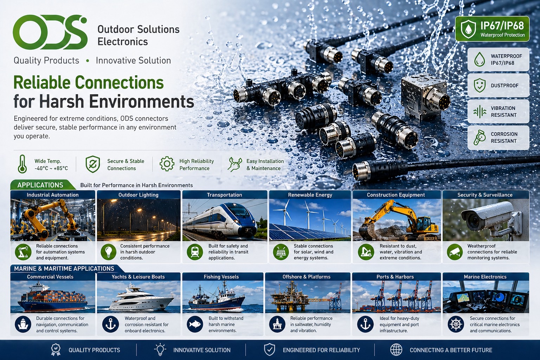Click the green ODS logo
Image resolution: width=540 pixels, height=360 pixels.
pyautogui.click(x=50, y=32)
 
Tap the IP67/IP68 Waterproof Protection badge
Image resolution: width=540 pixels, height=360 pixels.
pyautogui.click(x=492, y=29)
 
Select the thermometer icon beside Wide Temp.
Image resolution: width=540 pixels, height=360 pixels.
pyautogui.click(x=22, y=164)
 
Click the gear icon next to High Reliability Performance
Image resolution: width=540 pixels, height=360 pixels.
pyautogui.click(x=167, y=164)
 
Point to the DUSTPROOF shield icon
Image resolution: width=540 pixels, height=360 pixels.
pyautogui.click(x=480, y=85)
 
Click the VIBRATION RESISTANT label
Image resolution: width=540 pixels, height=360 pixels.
pyautogui.click(x=503, y=112)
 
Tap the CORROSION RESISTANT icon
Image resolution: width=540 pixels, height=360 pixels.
pyautogui.click(x=479, y=137)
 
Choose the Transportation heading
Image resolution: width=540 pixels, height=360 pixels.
pyautogui.click(x=224, y=195)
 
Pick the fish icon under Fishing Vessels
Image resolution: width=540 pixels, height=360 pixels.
pyautogui.click(x=195, y=324)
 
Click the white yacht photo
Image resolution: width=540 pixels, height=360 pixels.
pyautogui.click(x=139, y=297)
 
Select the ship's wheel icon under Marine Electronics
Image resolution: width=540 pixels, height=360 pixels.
pyautogui.click(x=456, y=324)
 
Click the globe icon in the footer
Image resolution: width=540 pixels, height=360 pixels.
pyautogui.click(x=396, y=350)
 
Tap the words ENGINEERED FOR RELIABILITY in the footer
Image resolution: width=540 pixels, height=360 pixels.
pyautogui.click(x=321, y=350)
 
